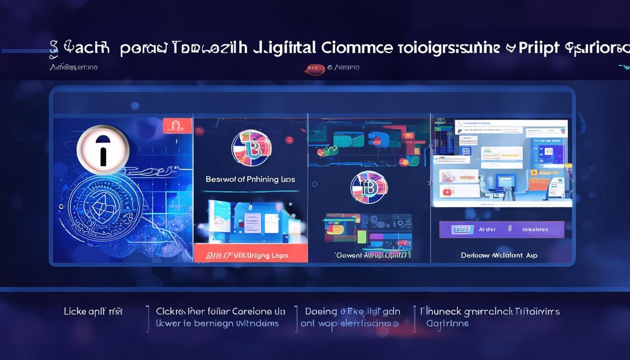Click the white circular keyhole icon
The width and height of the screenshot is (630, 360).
103,149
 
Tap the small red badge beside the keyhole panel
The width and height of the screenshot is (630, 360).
177,125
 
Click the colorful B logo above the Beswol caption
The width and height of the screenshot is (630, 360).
251,148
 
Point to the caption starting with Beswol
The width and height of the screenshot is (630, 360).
250,179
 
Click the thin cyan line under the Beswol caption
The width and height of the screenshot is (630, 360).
251,191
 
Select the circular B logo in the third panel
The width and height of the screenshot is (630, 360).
369,187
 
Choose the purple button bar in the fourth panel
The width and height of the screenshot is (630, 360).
502,230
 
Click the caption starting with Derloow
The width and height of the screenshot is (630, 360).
499,255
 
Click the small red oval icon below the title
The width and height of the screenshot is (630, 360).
315,69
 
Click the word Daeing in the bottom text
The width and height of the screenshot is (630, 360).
321,311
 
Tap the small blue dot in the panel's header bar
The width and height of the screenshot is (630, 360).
135,105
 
